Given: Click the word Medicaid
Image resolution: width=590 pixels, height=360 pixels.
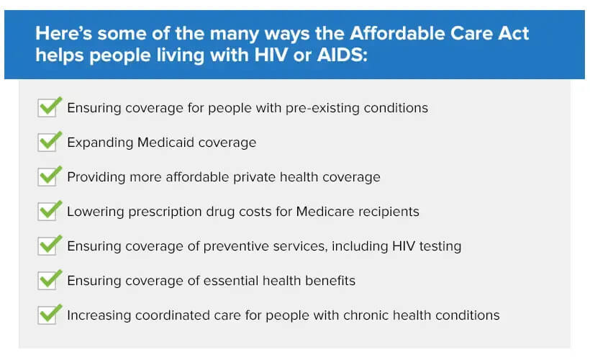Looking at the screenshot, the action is point(165,143).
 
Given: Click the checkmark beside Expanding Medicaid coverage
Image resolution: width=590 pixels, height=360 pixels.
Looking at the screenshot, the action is point(50,141).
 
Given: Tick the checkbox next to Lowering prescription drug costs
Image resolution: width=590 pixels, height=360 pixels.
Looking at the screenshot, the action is point(47,212).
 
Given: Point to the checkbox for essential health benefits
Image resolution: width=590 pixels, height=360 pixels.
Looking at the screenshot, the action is point(47,281).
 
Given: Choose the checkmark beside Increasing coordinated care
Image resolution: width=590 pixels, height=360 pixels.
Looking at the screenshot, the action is point(50,314).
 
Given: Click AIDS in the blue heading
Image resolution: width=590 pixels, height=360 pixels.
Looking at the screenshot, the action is point(340,55).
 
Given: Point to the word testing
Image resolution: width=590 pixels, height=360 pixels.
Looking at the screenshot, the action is point(440,247).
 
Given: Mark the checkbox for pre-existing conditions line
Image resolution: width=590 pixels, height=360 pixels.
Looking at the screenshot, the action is point(47,108).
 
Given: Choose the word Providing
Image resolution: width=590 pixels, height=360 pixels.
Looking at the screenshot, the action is point(96,177).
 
